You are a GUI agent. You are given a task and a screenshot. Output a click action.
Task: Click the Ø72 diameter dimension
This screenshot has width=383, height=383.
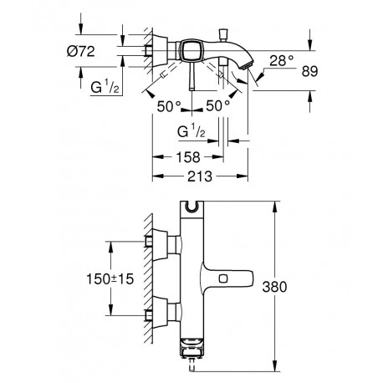click(81, 51)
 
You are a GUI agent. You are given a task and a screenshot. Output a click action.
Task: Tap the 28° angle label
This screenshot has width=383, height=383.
click(282, 60)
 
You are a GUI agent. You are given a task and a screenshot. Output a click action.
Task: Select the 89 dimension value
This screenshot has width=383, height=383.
click(309, 71)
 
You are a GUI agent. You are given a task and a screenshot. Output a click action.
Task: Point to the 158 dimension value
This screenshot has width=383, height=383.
click(188, 157)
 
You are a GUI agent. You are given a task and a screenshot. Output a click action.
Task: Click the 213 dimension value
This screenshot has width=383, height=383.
click(200, 176)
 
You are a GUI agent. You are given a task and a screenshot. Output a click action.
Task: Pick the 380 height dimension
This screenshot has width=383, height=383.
click(274, 287)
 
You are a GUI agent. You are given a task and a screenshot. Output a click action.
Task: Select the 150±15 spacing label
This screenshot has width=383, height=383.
click(110, 279)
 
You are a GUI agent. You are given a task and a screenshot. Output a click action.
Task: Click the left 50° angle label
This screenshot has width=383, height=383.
click(169, 106)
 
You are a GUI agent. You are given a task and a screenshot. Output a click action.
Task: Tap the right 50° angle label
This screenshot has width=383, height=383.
click(218, 106)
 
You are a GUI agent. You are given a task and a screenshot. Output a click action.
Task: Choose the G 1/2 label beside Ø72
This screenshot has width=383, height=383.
click(105, 87)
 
